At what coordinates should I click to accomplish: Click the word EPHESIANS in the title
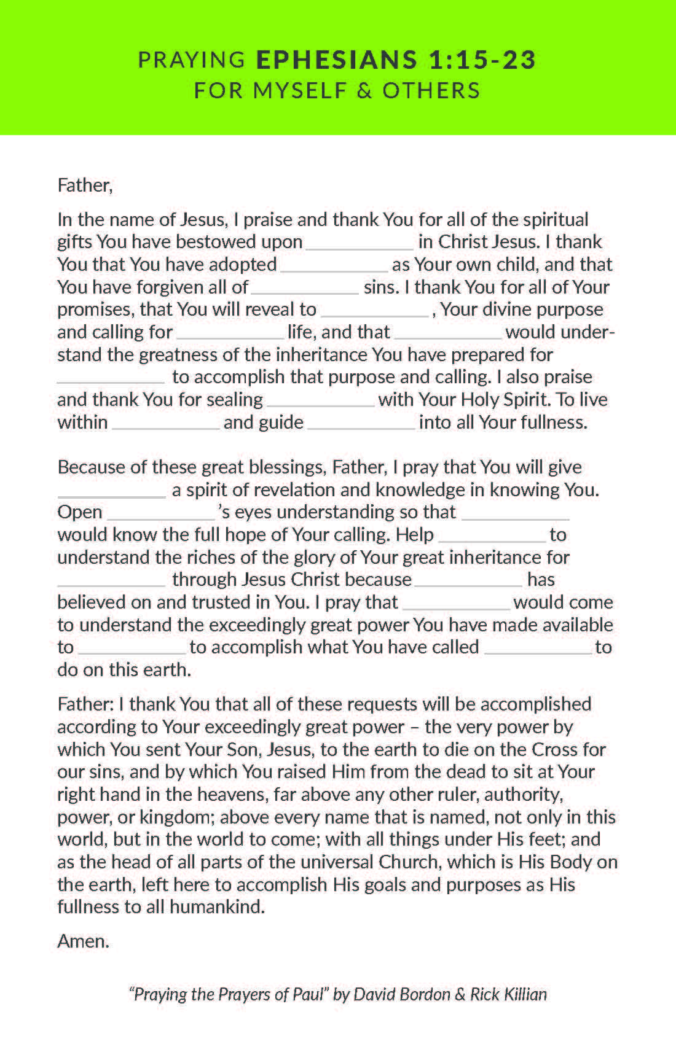[x=336, y=60]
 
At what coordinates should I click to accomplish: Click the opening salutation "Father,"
[x=85, y=185]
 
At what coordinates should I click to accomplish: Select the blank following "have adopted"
[x=334, y=268]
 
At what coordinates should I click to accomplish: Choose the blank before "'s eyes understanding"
[x=160, y=516]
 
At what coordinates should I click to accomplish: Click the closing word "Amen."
[x=83, y=941]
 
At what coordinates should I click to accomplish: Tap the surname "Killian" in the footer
[x=521, y=994]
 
